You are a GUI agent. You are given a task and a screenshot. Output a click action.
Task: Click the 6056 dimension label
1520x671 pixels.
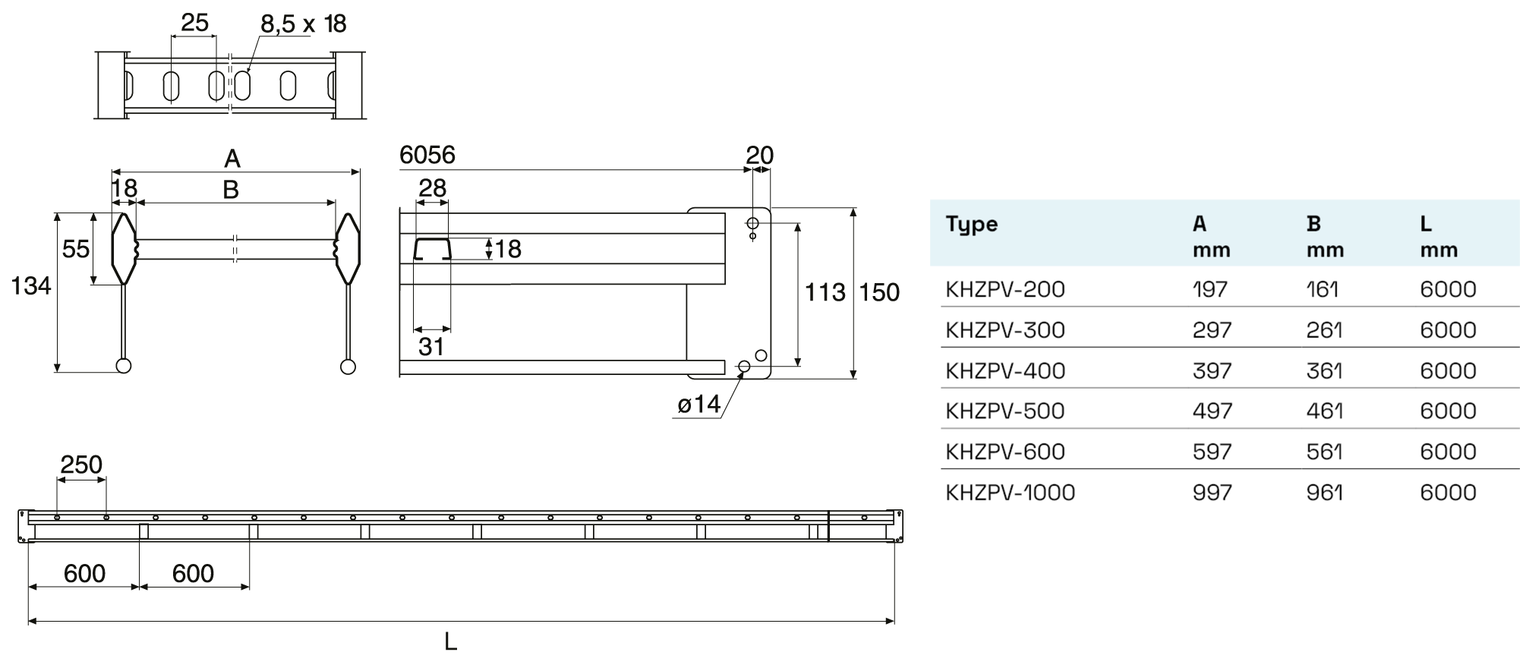pyautogui.click(x=427, y=156)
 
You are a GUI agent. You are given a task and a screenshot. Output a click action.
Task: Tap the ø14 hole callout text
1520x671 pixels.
pyautogui.click(x=699, y=405)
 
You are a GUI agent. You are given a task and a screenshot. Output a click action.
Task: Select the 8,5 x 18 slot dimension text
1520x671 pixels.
pyautogui.click(x=303, y=24)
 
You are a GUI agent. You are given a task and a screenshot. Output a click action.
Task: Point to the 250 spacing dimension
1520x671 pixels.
pyautogui.click(x=81, y=465)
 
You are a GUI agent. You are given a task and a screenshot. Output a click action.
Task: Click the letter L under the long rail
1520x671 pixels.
pyautogui.click(x=450, y=642)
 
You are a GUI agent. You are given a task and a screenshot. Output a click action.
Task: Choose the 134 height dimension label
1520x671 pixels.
pyautogui.click(x=31, y=286)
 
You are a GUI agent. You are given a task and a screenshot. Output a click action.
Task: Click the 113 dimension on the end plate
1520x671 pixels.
pyautogui.click(x=825, y=292)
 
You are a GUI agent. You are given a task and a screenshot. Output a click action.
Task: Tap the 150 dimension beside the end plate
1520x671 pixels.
pyautogui.click(x=878, y=292)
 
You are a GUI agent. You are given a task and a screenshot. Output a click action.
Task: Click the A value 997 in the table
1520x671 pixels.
pyautogui.click(x=1212, y=493)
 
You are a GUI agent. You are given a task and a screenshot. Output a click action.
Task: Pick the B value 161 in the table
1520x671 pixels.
pyautogui.click(x=1322, y=289)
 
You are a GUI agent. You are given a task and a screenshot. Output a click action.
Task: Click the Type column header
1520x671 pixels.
pyautogui.click(x=971, y=224)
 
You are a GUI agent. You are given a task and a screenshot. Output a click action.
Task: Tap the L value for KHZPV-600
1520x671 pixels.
pyautogui.click(x=1447, y=452)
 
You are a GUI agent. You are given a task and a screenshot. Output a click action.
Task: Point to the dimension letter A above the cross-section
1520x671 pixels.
pyautogui.click(x=232, y=159)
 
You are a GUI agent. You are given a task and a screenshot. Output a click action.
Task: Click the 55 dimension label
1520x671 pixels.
pyautogui.click(x=76, y=249)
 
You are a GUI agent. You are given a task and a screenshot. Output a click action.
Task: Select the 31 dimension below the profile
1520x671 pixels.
pyautogui.click(x=431, y=347)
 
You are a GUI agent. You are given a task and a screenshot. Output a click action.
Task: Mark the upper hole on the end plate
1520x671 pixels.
pyautogui.click(x=752, y=223)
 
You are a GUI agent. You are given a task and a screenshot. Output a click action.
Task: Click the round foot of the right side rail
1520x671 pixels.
pyautogui.click(x=348, y=367)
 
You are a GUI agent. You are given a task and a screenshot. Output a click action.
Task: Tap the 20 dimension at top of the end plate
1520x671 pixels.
pyautogui.click(x=759, y=156)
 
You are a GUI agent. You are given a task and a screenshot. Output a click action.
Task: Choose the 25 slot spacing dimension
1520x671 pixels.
pyautogui.click(x=194, y=23)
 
